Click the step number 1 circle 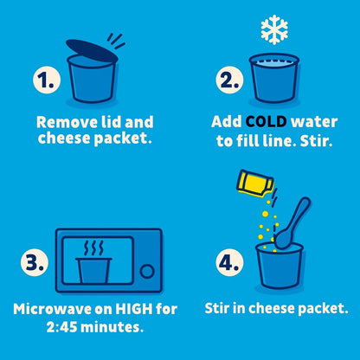coord(47,80)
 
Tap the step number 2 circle coord(229,80)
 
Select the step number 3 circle coord(35,262)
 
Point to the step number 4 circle coord(229,262)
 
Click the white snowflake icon coord(274,29)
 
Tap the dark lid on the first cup coord(92,51)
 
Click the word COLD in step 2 coord(267,122)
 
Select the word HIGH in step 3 coord(134,309)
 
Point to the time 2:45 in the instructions coord(61,327)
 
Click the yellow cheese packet coord(254,183)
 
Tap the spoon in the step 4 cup coord(292,222)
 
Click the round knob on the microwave coord(147,271)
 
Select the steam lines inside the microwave coord(93,248)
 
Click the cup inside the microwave coord(93,271)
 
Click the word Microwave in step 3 coord(53,309)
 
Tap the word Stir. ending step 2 coord(317,141)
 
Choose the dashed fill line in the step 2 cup coord(274,61)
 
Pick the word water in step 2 coord(314,122)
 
